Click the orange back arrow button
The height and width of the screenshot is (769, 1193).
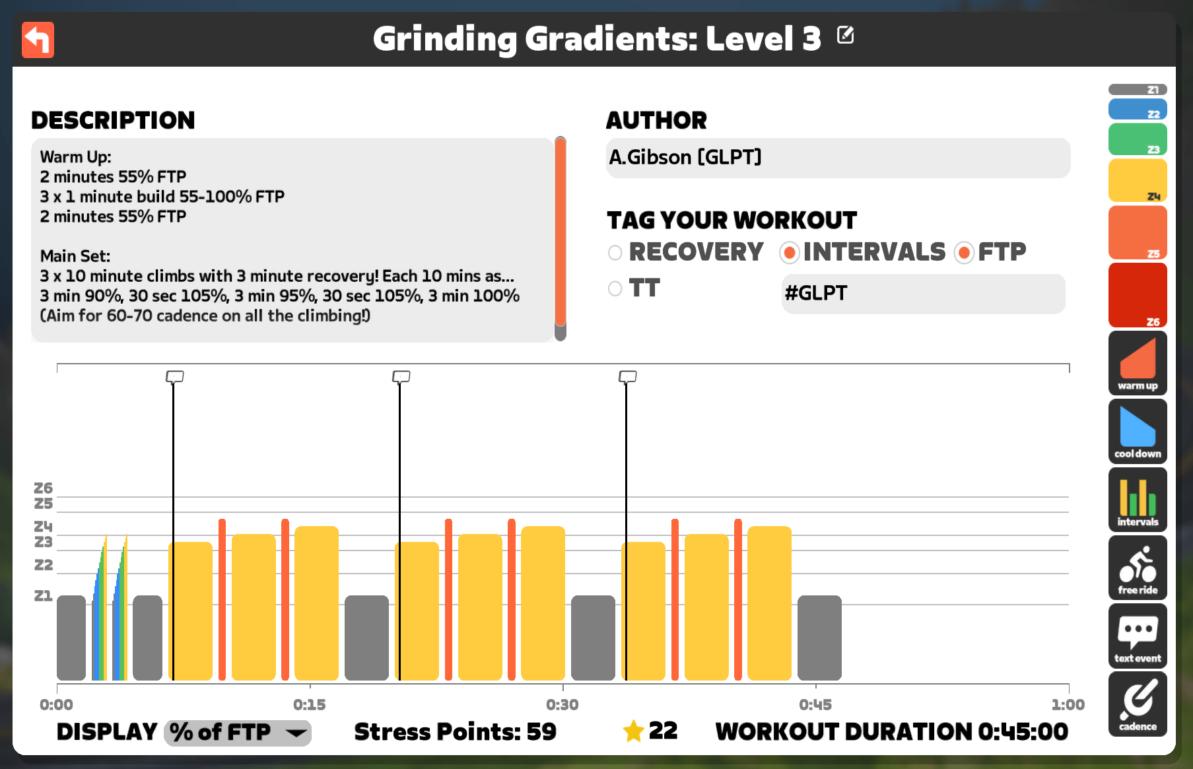(38, 40)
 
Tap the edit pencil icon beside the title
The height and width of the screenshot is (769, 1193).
(845, 35)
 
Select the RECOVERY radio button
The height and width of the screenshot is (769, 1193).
(615, 253)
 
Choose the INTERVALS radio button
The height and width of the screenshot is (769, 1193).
(789, 253)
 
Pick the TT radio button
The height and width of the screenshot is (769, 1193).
(615, 288)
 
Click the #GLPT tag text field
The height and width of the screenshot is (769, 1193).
(923, 294)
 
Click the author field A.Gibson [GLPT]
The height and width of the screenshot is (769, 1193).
(838, 158)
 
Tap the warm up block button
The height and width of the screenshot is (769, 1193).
(1138, 363)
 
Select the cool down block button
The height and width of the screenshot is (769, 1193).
(1138, 431)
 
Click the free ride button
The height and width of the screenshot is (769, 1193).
(1138, 568)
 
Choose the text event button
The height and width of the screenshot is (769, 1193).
(1138, 636)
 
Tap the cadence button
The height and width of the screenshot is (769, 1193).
(1138, 704)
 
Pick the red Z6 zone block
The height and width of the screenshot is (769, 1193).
(1138, 295)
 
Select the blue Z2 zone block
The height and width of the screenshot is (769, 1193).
(1138, 109)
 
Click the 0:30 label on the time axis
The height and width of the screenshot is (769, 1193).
(562, 704)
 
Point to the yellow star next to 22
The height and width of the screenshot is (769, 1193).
(633, 731)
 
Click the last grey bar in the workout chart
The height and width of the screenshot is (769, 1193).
(819, 638)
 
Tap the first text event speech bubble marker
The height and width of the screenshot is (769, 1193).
(174, 377)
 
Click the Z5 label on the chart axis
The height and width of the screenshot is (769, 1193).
(44, 504)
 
